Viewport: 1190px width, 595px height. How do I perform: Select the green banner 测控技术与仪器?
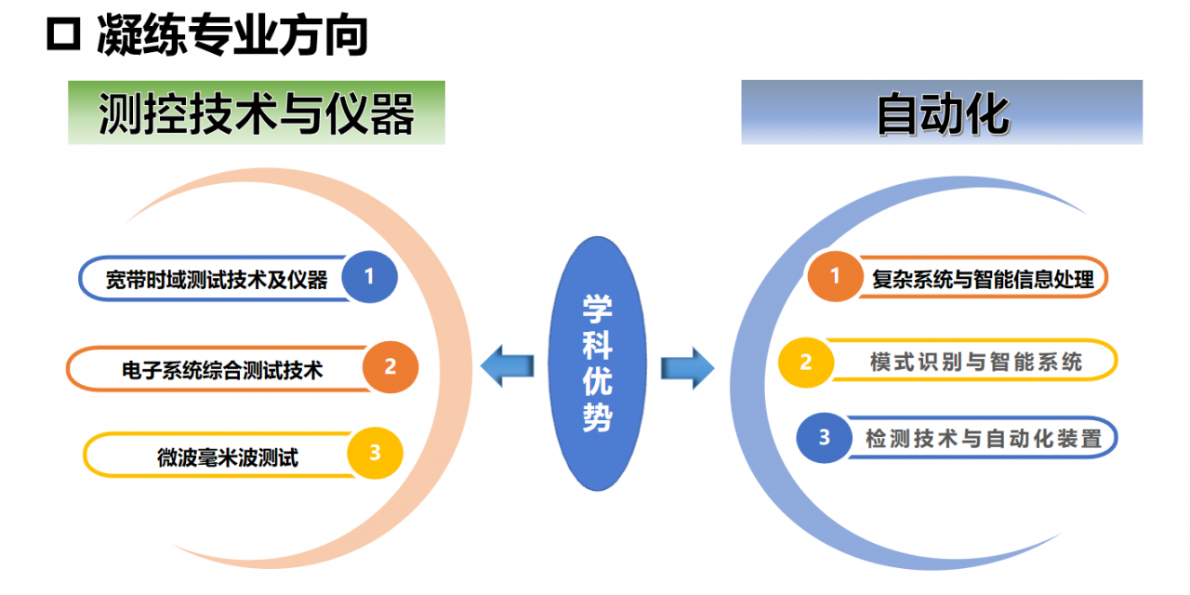257,113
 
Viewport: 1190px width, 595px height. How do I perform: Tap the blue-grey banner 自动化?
941,113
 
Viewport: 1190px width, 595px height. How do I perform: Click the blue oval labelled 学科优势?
597,364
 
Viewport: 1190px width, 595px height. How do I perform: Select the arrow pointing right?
687,366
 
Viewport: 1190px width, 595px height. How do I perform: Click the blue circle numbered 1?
369,276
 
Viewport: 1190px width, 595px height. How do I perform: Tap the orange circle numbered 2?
390,366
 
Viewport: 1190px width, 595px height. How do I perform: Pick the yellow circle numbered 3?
376,454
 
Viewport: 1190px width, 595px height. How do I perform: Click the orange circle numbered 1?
835,276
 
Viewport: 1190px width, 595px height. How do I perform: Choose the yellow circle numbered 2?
805,362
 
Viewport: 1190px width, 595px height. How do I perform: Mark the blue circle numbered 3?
825,437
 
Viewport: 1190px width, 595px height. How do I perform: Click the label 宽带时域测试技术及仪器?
217,279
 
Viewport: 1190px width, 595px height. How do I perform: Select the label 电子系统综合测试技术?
222,369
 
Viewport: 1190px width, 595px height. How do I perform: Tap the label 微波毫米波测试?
228,456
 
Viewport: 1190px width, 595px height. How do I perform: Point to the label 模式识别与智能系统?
976,362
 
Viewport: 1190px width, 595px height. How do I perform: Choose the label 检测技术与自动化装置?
984,438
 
